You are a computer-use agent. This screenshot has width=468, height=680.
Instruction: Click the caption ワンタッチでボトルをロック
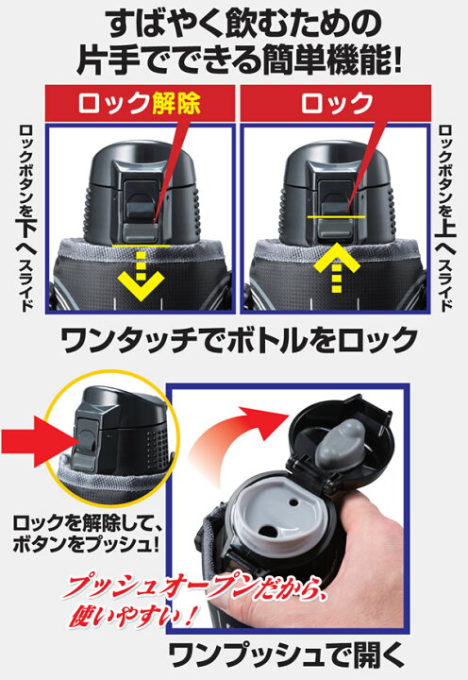(234, 337)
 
